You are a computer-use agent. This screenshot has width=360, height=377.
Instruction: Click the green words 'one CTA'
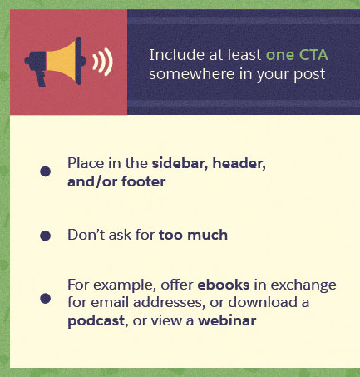tap(297, 55)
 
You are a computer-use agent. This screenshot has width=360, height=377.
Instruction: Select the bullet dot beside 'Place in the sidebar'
tap(45, 171)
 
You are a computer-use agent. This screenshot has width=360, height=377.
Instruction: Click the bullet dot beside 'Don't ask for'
tap(45, 236)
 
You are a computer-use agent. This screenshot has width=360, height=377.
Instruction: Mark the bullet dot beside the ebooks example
tap(45, 298)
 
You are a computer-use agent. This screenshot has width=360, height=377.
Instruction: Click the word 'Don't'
tap(86, 236)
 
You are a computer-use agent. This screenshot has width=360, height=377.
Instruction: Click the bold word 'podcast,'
tap(96, 319)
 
